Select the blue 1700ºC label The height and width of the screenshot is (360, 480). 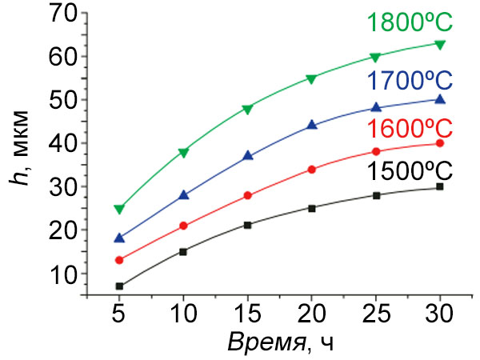pos(410,81)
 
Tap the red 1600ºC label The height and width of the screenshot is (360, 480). pos(410,129)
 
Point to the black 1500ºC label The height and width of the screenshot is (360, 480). pos(410,171)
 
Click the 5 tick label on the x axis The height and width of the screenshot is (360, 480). pos(119,310)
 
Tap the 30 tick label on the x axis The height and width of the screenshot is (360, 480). pos(439,310)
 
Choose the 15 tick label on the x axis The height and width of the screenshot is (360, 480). pos(247,310)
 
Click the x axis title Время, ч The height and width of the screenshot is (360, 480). pos(279,342)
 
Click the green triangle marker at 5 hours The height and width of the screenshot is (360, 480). pos(119,209)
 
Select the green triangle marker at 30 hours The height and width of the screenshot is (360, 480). pos(439,43)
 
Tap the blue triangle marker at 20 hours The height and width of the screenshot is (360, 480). pos(311,125)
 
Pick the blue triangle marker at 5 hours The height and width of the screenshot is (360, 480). pos(119,238)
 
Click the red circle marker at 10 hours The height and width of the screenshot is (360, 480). pos(183,226)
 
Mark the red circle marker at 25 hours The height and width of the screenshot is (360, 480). pos(375,152)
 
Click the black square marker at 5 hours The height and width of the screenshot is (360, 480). pos(119,286)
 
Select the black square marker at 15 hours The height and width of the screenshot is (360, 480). pos(247,225)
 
